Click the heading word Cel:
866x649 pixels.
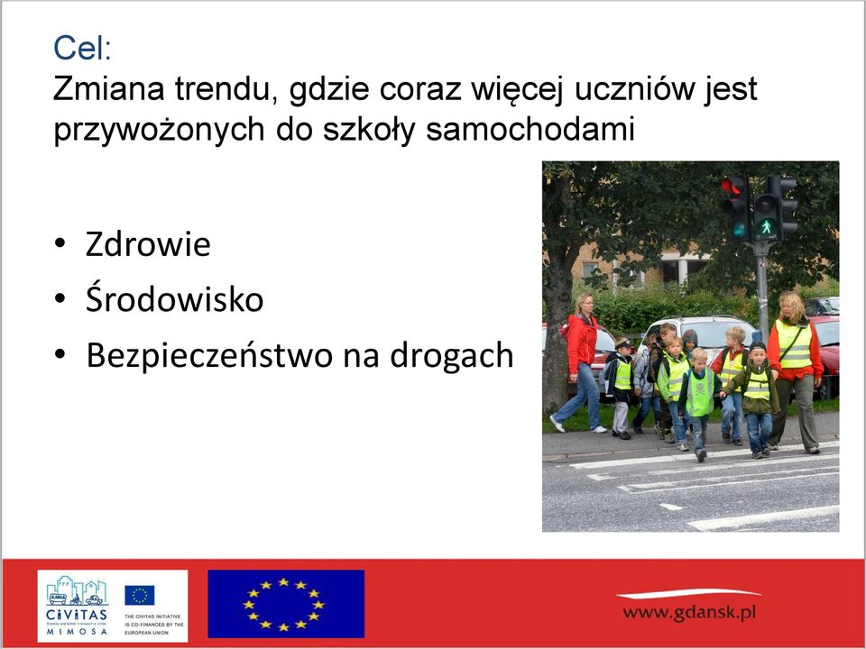tap(82, 48)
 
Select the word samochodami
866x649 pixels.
tap(530, 130)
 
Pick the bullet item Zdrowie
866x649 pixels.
tap(148, 244)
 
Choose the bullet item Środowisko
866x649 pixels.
tap(174, 298)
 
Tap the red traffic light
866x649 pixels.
tap(732, 187)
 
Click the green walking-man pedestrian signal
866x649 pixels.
tap(766, 226)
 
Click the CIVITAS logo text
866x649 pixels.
tap(76, 614)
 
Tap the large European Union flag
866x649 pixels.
tap(286, 604)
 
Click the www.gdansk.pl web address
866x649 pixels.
tap(688, 612)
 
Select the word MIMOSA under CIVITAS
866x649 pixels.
tap(76, 631)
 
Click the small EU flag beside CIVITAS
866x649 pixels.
tap(140, 595)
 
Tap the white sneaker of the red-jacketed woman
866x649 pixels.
tap(557, 424)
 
